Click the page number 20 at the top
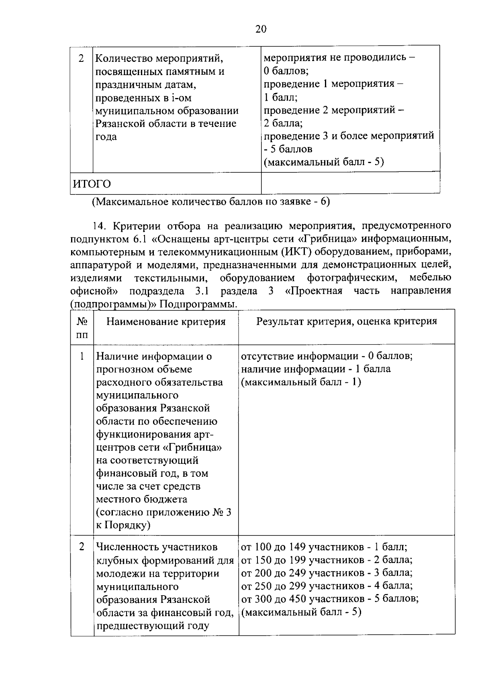pyautogui.click(x=260, y=29)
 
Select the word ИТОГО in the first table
pyautogui.click(x=92, y=184)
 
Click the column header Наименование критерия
pyautogui.click(x=166, y=322)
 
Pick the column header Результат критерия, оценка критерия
pyautogui.click(x=346, y=321)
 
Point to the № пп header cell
pyautogui.click(x=82, y=328)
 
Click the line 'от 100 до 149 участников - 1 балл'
pyautogui.click(x=324, y=547)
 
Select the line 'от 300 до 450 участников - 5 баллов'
pyautogui.click(x=329, y=599)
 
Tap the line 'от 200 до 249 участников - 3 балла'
pyautogui.click(x=327, y=573)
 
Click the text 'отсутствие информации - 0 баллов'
pyautogui.click(x=327, y=356)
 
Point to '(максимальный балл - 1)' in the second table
pyautogui.click(x=300, y=382)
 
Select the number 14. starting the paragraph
pyautogui.click(x=98, y=225)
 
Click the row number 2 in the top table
pyautogui.click(x=82, y=59)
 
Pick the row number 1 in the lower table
pyautogui.click(x=82, y=356)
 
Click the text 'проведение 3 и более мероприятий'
pyautogui.click(x=349, y=136)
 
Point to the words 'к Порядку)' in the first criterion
pyautogui.click(x=123, y=525)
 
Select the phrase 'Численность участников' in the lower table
pyautogui.click(x=157, y=547)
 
